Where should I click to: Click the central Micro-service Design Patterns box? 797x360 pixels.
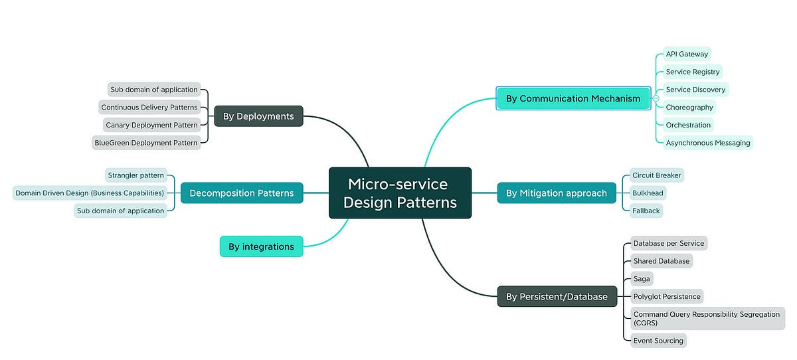400,193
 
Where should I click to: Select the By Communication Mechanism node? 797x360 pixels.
573,98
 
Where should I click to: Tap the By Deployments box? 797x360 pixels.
258,116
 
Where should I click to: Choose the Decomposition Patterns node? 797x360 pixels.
242,193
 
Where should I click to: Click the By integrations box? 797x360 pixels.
261,246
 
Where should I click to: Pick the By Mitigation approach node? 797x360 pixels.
556,193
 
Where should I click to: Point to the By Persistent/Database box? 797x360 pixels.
557,297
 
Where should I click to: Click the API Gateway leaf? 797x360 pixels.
687,54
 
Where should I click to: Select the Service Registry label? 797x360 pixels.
693,72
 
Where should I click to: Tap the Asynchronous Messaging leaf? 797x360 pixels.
708,142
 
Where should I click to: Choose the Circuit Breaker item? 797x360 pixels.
656,175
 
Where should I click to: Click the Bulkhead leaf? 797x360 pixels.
648,193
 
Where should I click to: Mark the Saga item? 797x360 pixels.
642,279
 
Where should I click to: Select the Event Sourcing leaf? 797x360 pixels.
658,341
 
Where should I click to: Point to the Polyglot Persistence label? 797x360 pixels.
666,296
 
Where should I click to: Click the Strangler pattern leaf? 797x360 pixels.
136,175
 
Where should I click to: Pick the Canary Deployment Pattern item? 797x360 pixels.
151,125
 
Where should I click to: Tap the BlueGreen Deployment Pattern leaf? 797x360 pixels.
146,142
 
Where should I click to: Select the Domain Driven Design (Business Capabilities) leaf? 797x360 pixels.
90,193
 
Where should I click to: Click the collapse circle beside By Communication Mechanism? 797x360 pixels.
656,98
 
